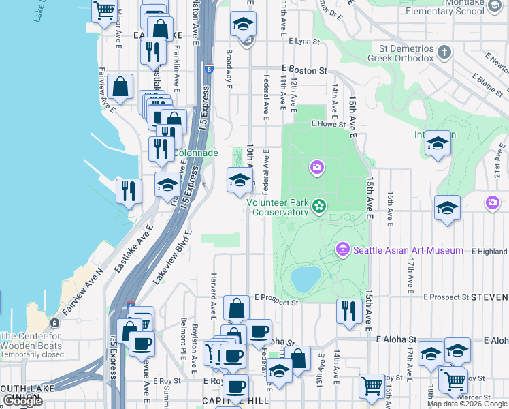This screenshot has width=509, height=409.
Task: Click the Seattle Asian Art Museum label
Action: pos(408,251)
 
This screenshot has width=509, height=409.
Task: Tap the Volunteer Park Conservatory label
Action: pos(277,207)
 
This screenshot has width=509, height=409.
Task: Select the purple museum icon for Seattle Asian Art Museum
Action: pos(342,251)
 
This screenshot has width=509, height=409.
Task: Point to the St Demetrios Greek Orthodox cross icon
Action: pos(444,52)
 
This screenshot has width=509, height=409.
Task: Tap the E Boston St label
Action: pos(305,70)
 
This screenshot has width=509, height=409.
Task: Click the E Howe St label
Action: pos(329,124)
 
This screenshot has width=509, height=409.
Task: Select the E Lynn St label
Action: pos(303,42)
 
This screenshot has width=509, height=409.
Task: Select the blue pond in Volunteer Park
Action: pos(306,278)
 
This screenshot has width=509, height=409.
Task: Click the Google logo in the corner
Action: pos(22,401)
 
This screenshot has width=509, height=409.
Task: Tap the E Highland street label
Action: pos(489,251)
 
